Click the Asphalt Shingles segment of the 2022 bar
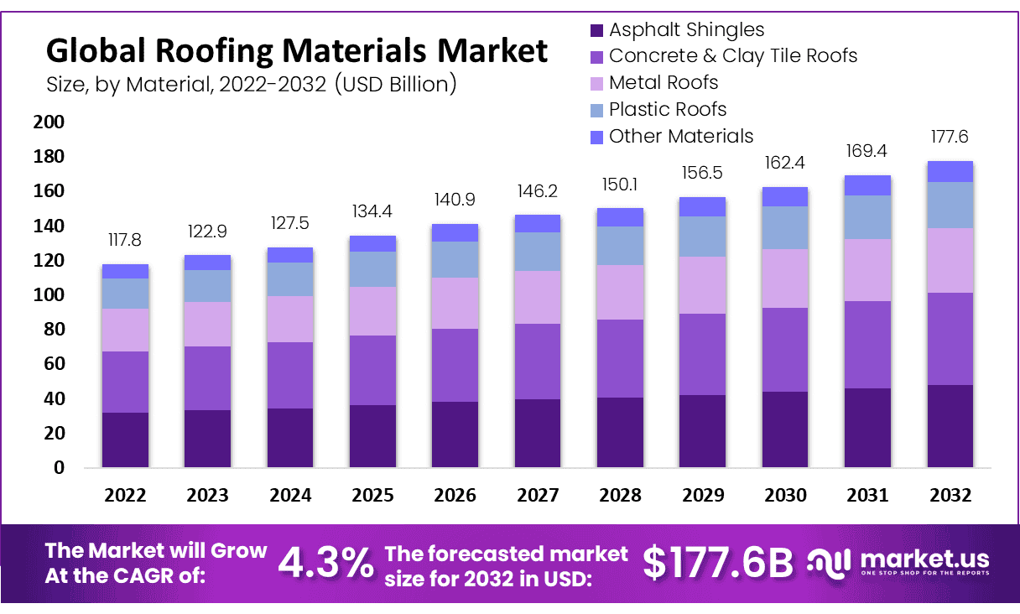click(x=125, y=440)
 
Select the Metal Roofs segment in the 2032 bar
click(x=950, y=260)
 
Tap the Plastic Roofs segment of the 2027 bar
click(x=538, y=252)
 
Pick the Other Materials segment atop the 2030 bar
click(x=785, y=197)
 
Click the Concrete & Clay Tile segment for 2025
click(x=372, y=370)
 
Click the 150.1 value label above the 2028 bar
click(x=620, y=184)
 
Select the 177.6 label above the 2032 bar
click(x=950, y=137)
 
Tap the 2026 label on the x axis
click(x=455, y=495)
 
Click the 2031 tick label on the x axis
click(x=868, y=495)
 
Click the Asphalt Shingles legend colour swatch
click(x=596, y=31)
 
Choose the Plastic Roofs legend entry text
click(x=668, y=109)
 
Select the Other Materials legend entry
click(x=681, y=136)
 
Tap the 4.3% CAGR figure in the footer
click(x=325, y=563)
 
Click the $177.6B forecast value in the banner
click(x=717, y=563)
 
